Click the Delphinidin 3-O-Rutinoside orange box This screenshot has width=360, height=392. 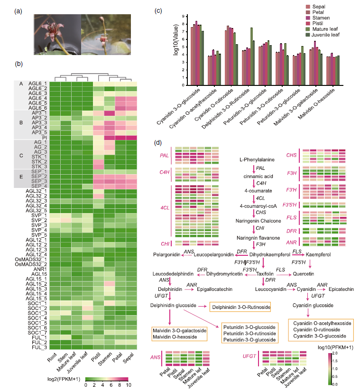(x=241, y=308)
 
